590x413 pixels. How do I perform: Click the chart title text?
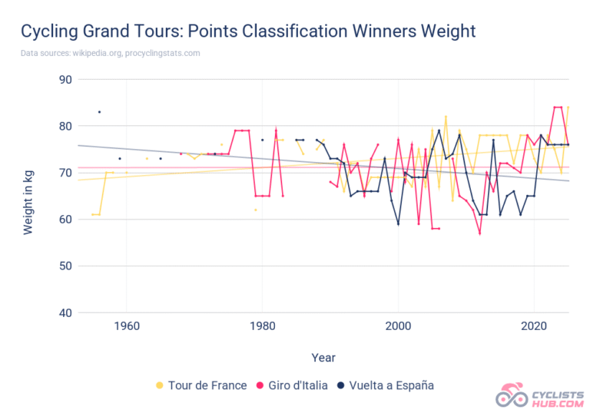point(248,31)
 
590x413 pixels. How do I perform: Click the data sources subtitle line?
point(110,53)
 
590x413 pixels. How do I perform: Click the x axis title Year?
point(323,357)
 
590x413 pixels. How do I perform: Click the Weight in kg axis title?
point(28,196)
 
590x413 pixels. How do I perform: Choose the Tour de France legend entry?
point(201,385)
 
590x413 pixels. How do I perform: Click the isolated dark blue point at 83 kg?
point(99,112)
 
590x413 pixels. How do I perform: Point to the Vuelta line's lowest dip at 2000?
point(398,224)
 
